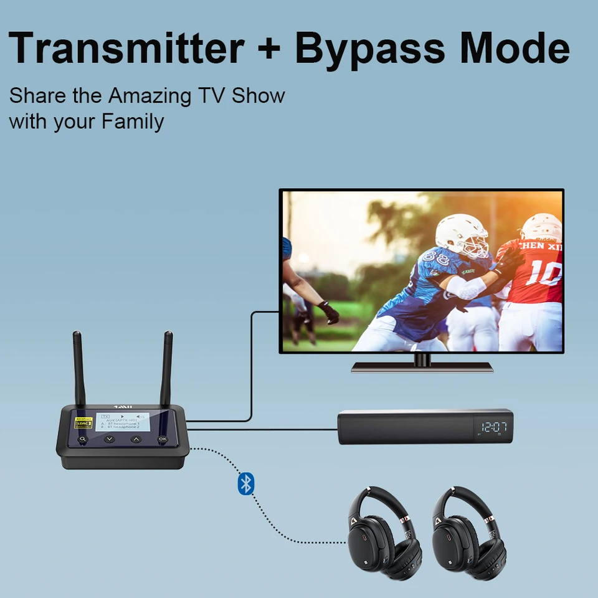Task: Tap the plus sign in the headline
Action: coord(268,49)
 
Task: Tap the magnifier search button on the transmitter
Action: coord(82,439)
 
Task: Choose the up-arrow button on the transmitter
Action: coord(136,439)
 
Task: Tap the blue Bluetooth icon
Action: coord(246,483)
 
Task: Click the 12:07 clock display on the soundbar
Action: coord(493,427)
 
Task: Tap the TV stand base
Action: coord(422,366)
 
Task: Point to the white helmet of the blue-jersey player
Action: coord(461,234)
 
